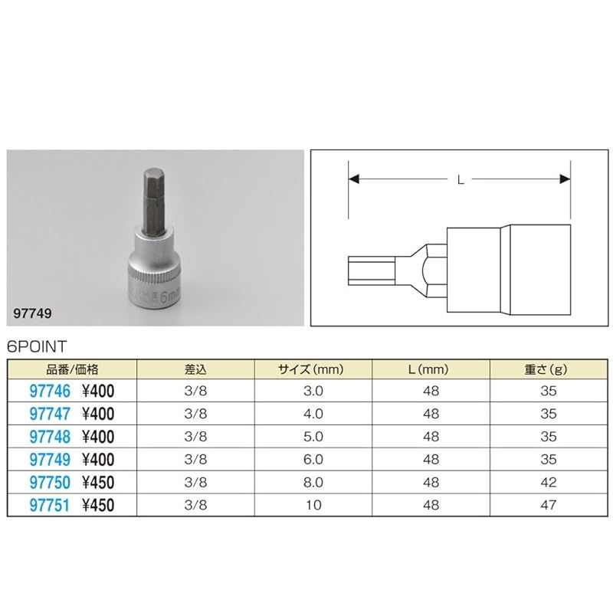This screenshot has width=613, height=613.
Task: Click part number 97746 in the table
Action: click(x=50, y=391)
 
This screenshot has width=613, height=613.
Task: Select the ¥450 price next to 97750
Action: click(x=98, y=483)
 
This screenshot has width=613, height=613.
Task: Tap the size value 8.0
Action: click(x=313, y=483)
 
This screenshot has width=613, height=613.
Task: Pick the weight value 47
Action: click(x=549, y=505)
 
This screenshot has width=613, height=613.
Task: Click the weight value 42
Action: click(x=549, y=483)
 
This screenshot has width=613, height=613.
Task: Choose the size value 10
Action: click(x=313, y=505)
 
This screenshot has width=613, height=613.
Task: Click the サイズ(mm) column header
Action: click(x=311, y=369)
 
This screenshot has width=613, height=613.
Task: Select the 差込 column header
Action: click(x=195, y=369)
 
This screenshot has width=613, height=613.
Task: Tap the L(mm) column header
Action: click(x=428, y=369)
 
